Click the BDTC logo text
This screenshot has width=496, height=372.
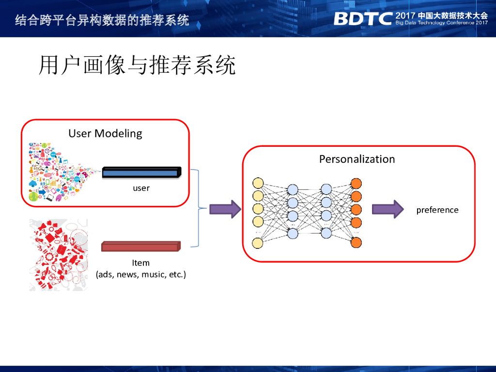[362, 18]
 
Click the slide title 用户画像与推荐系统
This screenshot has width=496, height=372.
[137, 65]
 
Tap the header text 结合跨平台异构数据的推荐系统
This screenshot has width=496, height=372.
[102, 20]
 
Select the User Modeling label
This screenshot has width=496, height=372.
[105, 133]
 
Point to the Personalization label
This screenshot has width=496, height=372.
[357, 159]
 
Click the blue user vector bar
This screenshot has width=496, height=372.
[141, 172]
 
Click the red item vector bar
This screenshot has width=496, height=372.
[140, 247]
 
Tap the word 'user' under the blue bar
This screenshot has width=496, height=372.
[141, 188]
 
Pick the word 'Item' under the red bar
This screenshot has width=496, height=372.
[141, 263]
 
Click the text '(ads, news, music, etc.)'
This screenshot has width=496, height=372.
[141, 275]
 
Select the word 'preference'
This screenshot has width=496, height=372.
[437, 210]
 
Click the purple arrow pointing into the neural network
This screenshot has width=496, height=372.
[225, 209]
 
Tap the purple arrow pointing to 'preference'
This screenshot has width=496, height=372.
[387, 209]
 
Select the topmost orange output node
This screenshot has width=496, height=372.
[356, 184]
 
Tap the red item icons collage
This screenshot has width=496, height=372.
[58, 254]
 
